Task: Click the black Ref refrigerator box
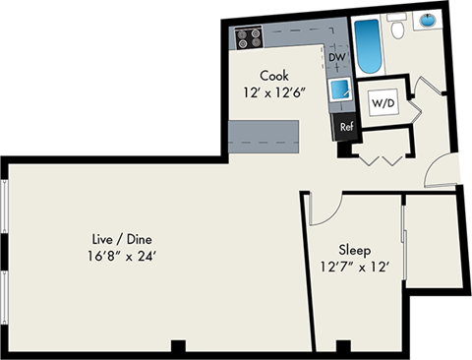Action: click(346, 126)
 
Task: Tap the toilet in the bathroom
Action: click(399, 31)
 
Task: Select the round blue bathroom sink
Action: click(431, 19)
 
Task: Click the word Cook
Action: click(274, 75)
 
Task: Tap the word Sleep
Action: click(355, 248)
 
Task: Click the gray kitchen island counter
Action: click(264, 134)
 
